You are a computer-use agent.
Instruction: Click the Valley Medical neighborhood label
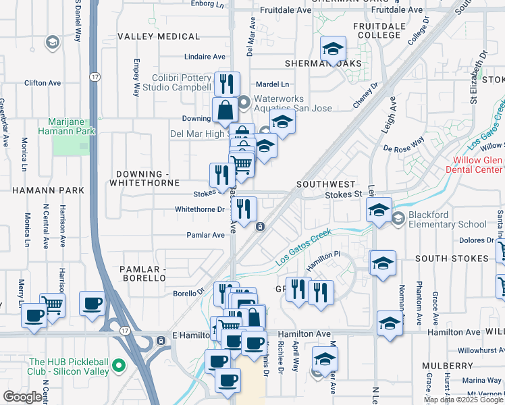[156, 36]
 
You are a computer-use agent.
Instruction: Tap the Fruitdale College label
[379, 31]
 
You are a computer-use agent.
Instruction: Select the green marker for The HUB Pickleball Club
[119, 367]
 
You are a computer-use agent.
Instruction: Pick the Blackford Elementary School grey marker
[398, 218]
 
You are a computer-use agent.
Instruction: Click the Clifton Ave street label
[43, 83]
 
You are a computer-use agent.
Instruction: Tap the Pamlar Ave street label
[205, 236]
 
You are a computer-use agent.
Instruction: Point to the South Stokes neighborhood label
[452, 259]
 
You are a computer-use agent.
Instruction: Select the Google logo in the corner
[22, 397]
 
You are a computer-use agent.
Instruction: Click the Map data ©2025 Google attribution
[462, 400]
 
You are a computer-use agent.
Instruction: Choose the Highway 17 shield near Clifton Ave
[95, 78]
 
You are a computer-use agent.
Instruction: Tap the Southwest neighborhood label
[325, 184]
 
